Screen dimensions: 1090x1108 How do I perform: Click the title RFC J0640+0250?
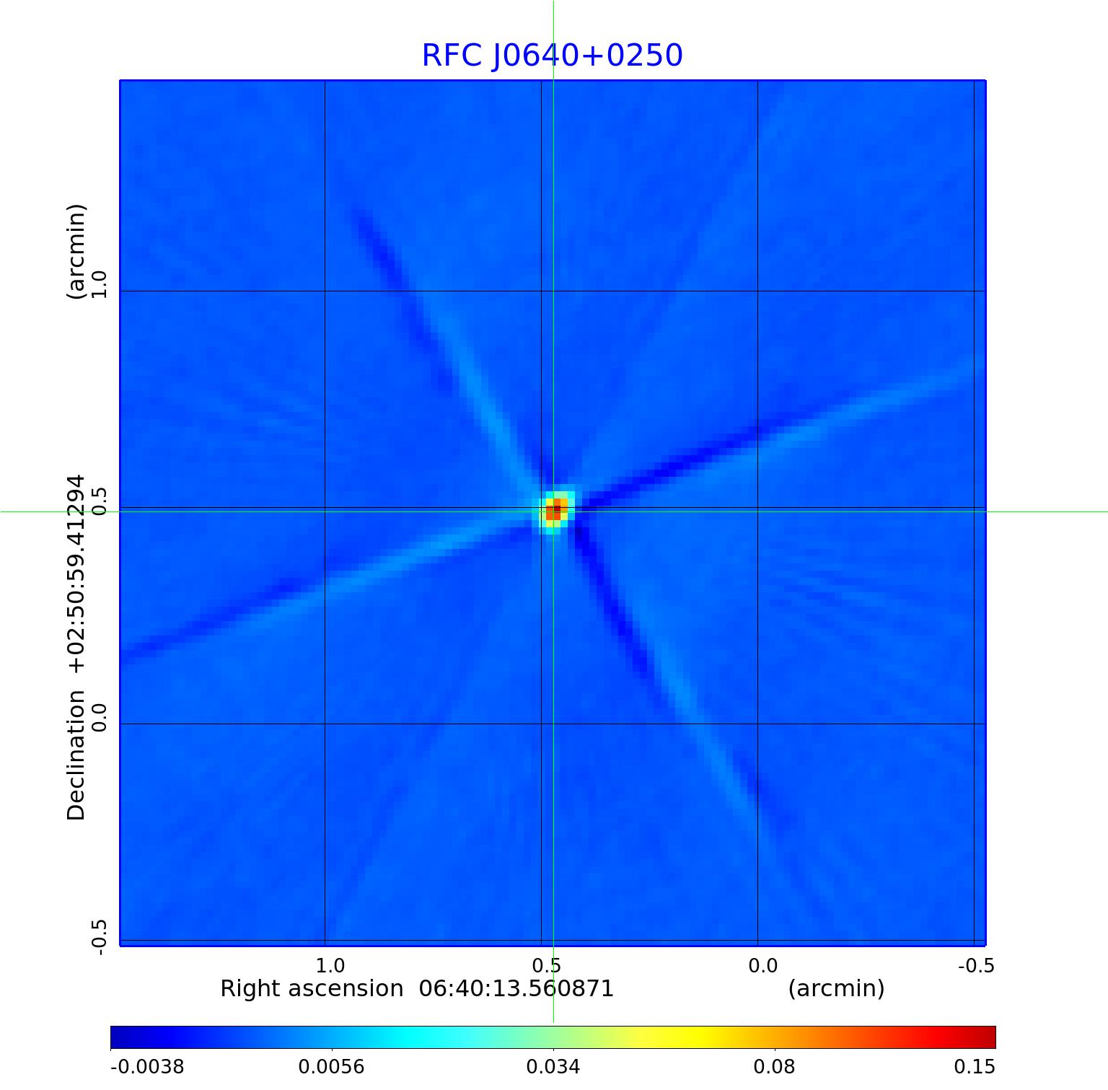coord(552,56)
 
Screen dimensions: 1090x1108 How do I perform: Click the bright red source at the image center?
coord(555,511)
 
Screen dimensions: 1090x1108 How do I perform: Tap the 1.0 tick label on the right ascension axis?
coord(330,965)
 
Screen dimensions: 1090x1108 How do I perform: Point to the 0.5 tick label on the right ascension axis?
coord(546,965)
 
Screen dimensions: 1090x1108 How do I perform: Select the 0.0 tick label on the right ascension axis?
coord(762,965)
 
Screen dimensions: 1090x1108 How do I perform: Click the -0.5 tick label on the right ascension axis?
coord(976,965)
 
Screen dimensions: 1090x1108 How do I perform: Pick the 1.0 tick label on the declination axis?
coord(99,284)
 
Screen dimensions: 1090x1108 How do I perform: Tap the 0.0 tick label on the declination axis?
coord(99,717)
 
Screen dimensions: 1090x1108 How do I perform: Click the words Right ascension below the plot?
coord(312,988)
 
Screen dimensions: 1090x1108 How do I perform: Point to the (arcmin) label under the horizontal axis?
coord(836,988)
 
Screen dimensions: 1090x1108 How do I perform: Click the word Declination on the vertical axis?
coord(76,755)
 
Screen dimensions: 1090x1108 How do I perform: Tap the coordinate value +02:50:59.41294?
coord(76,574)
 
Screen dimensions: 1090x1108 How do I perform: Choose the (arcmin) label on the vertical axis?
coord(76,252)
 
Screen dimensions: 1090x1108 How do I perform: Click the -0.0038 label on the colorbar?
coord(147,1067)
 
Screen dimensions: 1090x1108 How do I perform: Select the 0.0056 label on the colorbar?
coord(333,1067)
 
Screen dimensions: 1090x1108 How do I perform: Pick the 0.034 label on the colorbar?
coord(553,1067)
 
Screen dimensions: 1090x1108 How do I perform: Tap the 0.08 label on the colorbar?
coord(774,1067)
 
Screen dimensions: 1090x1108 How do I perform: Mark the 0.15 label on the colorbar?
coord(975,1067)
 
